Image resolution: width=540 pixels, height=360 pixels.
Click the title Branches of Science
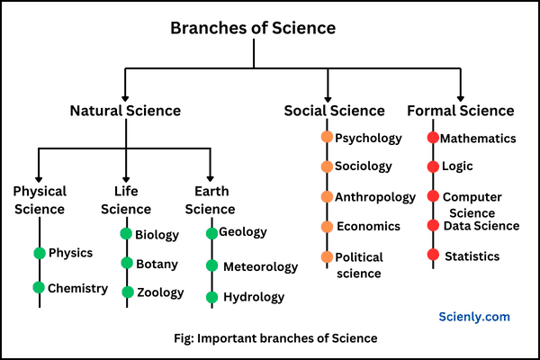[253, 28]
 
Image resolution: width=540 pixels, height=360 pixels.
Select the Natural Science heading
[125, 111]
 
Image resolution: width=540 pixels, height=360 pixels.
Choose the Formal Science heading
[461, 111]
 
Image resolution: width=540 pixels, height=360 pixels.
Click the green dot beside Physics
[39, 253]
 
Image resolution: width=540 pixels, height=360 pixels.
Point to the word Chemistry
[77, 289]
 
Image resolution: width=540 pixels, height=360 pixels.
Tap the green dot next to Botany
[127, 264]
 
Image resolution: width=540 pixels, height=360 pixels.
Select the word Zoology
[159, 292]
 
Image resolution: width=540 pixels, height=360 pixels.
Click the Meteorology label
[260, 266]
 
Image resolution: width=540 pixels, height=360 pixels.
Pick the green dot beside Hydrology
[212, 297]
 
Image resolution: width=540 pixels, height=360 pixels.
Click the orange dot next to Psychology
[327, 138]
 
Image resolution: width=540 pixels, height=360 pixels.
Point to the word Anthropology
[375, 197]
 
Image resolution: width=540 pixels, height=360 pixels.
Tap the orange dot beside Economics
[327, 226]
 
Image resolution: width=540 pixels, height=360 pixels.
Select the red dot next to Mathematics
[433, 139]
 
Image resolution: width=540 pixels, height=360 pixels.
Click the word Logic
[457, 166]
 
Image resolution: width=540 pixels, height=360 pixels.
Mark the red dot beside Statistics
[433, 256]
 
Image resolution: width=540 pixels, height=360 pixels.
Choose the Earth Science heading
[210, 200]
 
